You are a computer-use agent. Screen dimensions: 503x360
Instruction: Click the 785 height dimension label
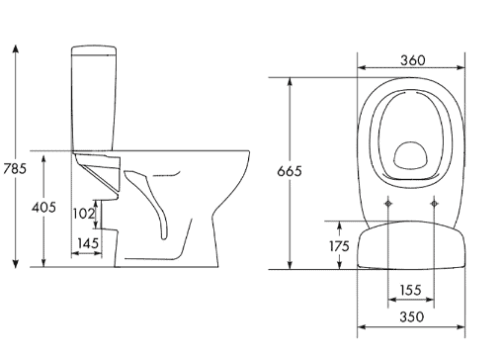point(15,169)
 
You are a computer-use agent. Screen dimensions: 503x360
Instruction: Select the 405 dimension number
point(43,208)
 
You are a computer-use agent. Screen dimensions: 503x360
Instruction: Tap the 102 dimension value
point(84,214)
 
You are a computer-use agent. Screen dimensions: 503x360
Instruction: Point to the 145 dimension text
point(88,243)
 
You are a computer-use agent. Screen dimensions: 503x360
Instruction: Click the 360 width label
point(413,60)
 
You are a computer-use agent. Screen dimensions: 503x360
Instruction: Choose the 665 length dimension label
point(290,171)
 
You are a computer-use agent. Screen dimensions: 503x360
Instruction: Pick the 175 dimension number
point(339,246)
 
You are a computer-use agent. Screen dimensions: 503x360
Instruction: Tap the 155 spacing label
point(411,290)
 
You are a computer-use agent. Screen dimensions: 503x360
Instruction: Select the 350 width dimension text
point(412,317)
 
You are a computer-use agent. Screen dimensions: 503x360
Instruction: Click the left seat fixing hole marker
point(388,204)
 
